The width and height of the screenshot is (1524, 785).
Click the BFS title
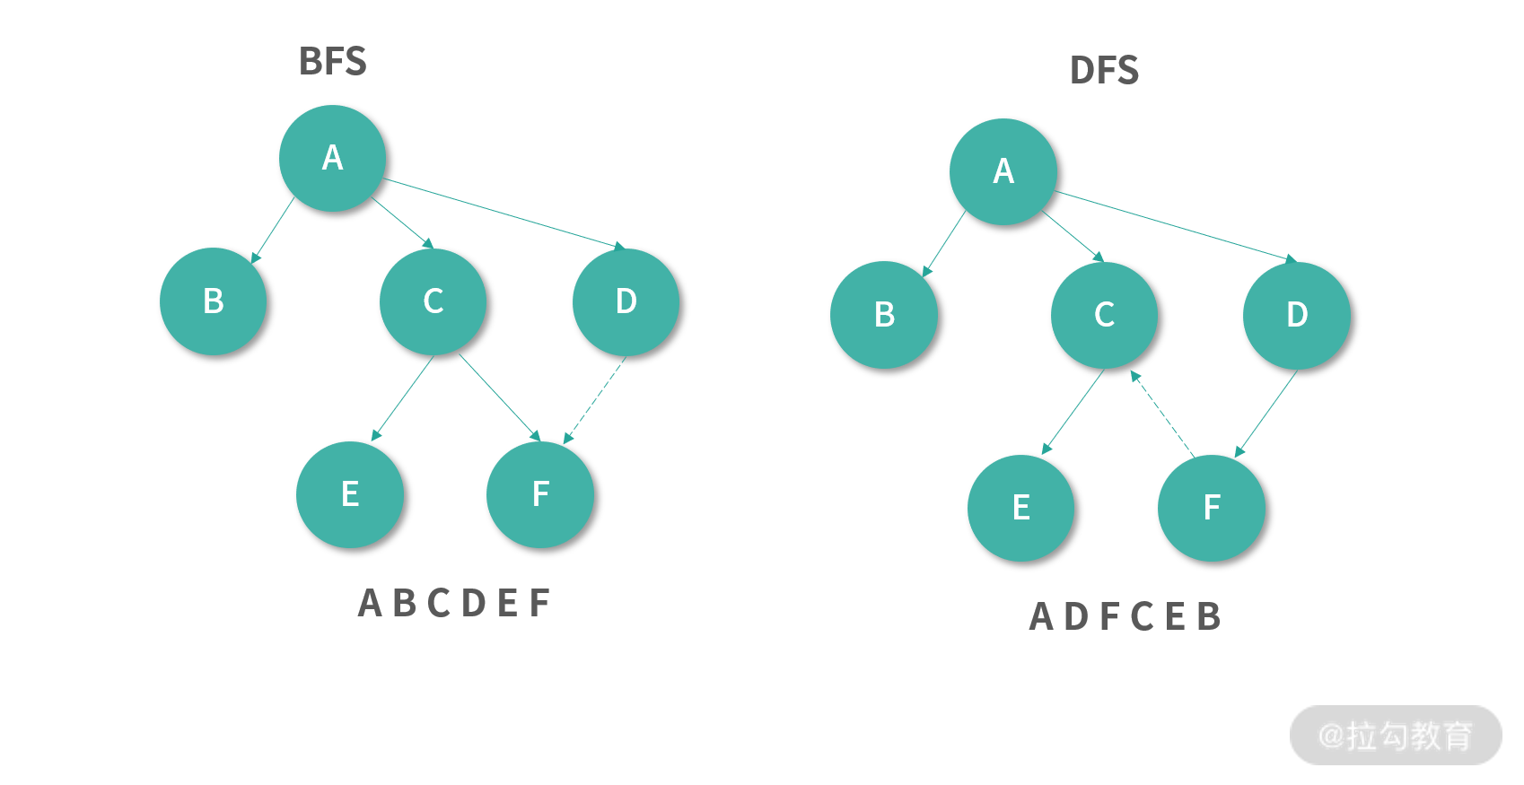coord(332,61)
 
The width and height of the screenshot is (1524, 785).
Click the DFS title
coord(1104,70)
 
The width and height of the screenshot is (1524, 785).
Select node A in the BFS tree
coord(332,158)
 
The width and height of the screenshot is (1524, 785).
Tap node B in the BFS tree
coord(214,301)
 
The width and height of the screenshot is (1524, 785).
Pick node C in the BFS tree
coord(434,301)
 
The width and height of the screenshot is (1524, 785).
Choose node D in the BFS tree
coord(626,301)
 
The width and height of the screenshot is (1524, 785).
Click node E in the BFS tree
coord(350,494)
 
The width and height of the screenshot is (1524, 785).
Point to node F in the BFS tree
coord(540,494)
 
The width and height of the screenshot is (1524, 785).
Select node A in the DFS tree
coord(1003,171)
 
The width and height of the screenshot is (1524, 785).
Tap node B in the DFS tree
coord(884,315)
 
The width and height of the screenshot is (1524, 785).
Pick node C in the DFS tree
coord(1104,315)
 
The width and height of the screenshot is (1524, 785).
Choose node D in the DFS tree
coord(1297,315)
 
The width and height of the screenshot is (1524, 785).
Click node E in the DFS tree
coord(1020,508)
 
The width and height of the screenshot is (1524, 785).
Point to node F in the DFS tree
coord(1212,508)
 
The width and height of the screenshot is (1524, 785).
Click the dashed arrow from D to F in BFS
coord(595,399)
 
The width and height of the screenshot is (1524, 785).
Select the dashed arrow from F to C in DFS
coord(1163,414)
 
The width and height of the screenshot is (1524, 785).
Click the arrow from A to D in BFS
coord(503,212)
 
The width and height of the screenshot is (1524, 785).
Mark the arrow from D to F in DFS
coord(1266,413)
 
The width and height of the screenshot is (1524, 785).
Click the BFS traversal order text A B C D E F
coord(454,603)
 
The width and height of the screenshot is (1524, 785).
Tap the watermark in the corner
coord(1396,736)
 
